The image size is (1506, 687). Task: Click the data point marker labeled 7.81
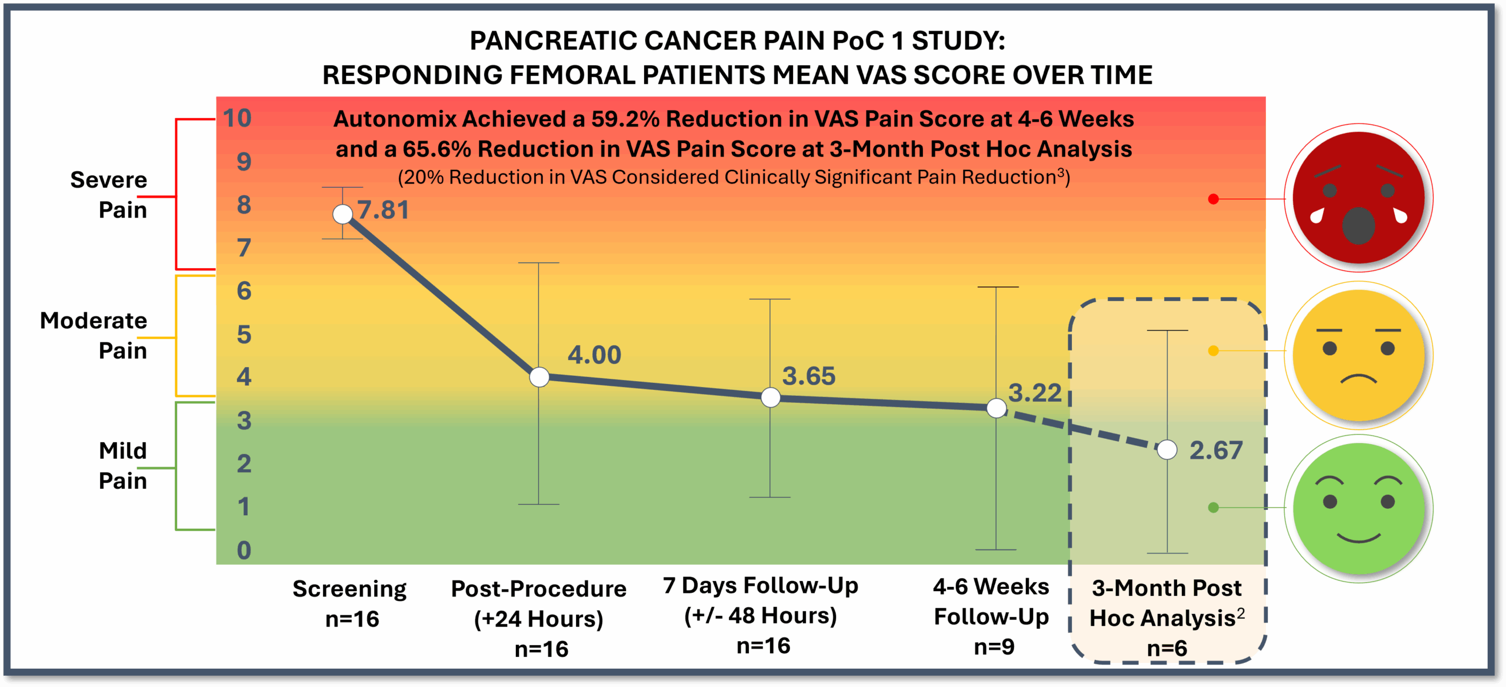coord(342,214)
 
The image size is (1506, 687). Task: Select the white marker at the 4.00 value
coord(539,377)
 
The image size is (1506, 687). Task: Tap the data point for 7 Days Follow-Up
coord(771,398)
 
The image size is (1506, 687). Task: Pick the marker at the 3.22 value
coord(997,408)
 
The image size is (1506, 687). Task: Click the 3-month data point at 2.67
coord(1167,450)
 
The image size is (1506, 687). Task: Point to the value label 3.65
coord(809,376)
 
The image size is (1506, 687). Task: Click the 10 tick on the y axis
coord(237,118)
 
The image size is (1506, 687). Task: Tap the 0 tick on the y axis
coord(244,551)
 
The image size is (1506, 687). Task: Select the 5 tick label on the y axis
coord(244,335)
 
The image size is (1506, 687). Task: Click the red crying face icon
coord(1358,198)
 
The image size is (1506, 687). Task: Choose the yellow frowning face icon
coord(1358,355)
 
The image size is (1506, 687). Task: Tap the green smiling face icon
coord(1358,509)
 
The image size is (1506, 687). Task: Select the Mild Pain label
coord(122,466)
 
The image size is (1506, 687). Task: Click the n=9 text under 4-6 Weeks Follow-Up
coord(994,647)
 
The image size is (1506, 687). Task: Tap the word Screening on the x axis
coord(349,589)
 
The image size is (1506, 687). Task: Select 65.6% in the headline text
coord(437,149)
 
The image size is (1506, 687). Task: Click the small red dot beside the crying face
coord(1213,199)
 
